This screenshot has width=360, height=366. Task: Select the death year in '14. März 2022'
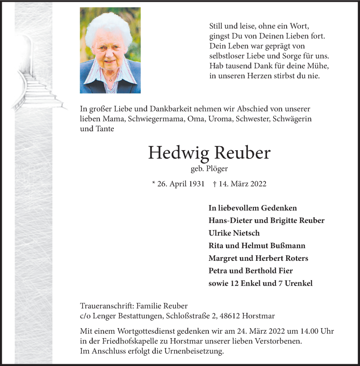[258, 184]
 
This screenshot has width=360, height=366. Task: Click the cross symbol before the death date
[214, 184]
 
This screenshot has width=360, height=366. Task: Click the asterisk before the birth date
[154, 183]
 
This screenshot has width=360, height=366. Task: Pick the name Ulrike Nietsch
[234, 233]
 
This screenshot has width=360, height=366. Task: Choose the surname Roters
[295, 258]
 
